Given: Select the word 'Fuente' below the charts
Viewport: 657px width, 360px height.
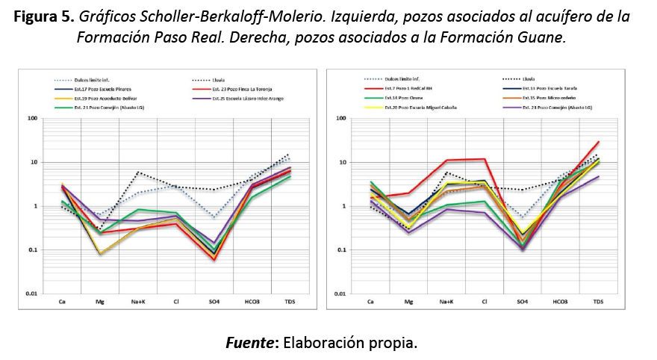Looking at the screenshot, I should [x=249, y=344].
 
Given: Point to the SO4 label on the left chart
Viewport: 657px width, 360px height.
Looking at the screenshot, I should [x=214, y=302].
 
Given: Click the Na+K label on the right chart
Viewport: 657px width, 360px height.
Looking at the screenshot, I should [x=446, y=302].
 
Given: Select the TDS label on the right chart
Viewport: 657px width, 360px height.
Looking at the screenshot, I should [x=598, y=302].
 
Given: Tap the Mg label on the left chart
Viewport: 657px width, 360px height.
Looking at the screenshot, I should [x=99, y=302].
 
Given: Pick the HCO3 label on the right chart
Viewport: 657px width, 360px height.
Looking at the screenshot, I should [x=560, y=302].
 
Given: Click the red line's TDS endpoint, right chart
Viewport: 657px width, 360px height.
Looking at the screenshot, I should [x=599, y=142].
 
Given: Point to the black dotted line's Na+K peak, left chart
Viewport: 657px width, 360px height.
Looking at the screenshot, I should [x=138, y=173].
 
